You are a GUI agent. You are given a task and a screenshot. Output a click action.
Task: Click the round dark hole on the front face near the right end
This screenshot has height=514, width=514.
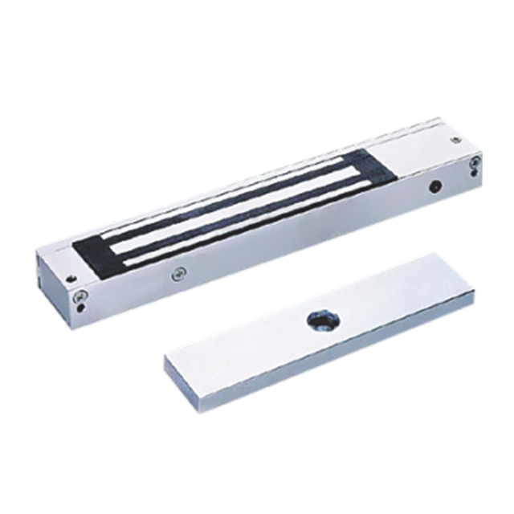coord(434,187)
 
